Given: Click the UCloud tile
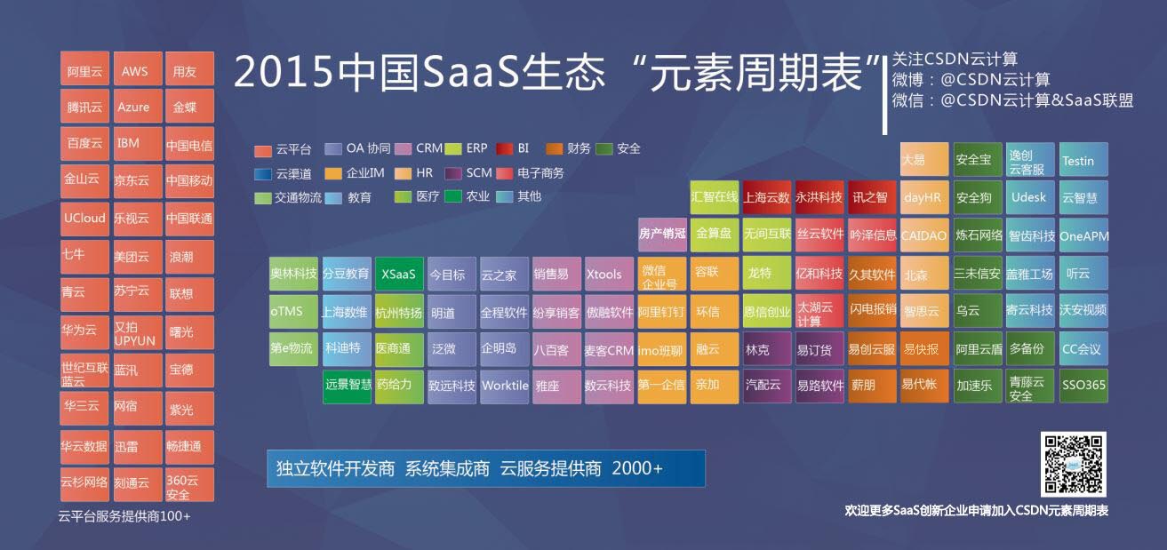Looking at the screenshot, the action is (x=84, y=219).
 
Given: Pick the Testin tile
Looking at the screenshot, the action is (x=1083, y=159).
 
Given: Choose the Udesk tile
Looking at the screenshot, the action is (x=1030, y=197).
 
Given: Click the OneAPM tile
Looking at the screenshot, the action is (x=1083, y=235).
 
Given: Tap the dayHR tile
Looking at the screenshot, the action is (x=923, y=197).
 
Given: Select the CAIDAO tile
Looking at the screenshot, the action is (x=923, y=235).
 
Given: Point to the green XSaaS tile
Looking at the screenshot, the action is (x=399, y=274).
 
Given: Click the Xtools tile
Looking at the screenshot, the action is (x=609, y=274).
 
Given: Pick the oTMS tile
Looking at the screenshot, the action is (x=293, y=312).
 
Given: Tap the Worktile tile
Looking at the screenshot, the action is (x=504, y=386).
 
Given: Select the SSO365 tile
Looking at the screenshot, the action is (x=1083, y=386).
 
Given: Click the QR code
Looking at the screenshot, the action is (x=1074, y=464).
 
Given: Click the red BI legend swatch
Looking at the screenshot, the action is (x=505, y=149).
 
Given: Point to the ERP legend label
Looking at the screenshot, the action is (x=476, y=148).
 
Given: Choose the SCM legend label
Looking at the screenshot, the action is (x=479, y=172).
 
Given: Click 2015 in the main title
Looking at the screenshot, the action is (x=283, y=72).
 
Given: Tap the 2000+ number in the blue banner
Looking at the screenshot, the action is (x=637, y=468).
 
